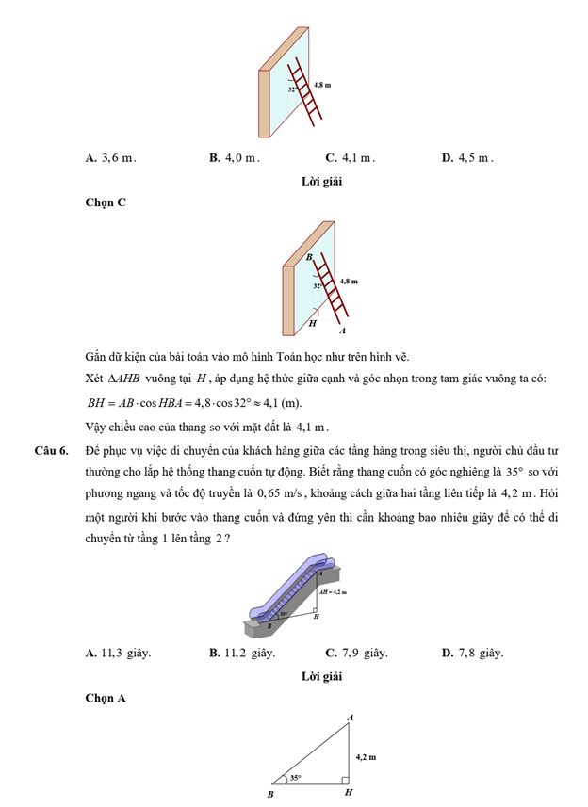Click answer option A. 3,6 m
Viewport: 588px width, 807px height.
110,158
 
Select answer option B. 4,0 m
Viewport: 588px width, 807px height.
235,158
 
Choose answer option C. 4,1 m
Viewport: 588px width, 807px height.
350,158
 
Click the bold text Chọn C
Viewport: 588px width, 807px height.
105,202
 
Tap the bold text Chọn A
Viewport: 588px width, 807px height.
105,698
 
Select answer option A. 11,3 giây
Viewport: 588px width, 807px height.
118,653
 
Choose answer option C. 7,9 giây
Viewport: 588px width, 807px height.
356,653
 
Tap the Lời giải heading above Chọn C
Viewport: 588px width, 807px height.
320,181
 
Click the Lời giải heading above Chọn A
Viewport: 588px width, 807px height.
320,676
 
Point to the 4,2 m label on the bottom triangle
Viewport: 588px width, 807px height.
366,756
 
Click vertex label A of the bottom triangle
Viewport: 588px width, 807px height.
351,718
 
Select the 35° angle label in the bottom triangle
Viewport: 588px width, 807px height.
295,778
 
